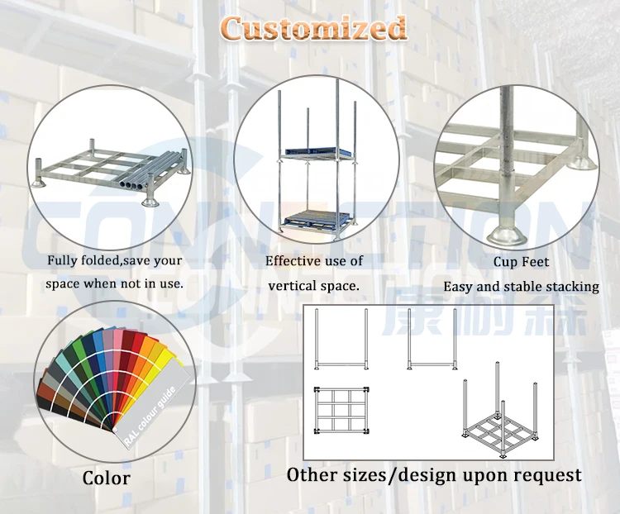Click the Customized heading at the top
pos(313,29)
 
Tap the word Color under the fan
pos(106,478)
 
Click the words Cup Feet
pos(521,262)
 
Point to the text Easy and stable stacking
pos(521,287)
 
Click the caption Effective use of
pos(314,261)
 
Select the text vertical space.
pos(314,286)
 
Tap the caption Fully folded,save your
pos(115,261)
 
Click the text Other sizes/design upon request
pos(434,475)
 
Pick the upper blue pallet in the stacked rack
pos(312,151)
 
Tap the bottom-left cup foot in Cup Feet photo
pos(506,232)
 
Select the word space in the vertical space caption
pos(339,287)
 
